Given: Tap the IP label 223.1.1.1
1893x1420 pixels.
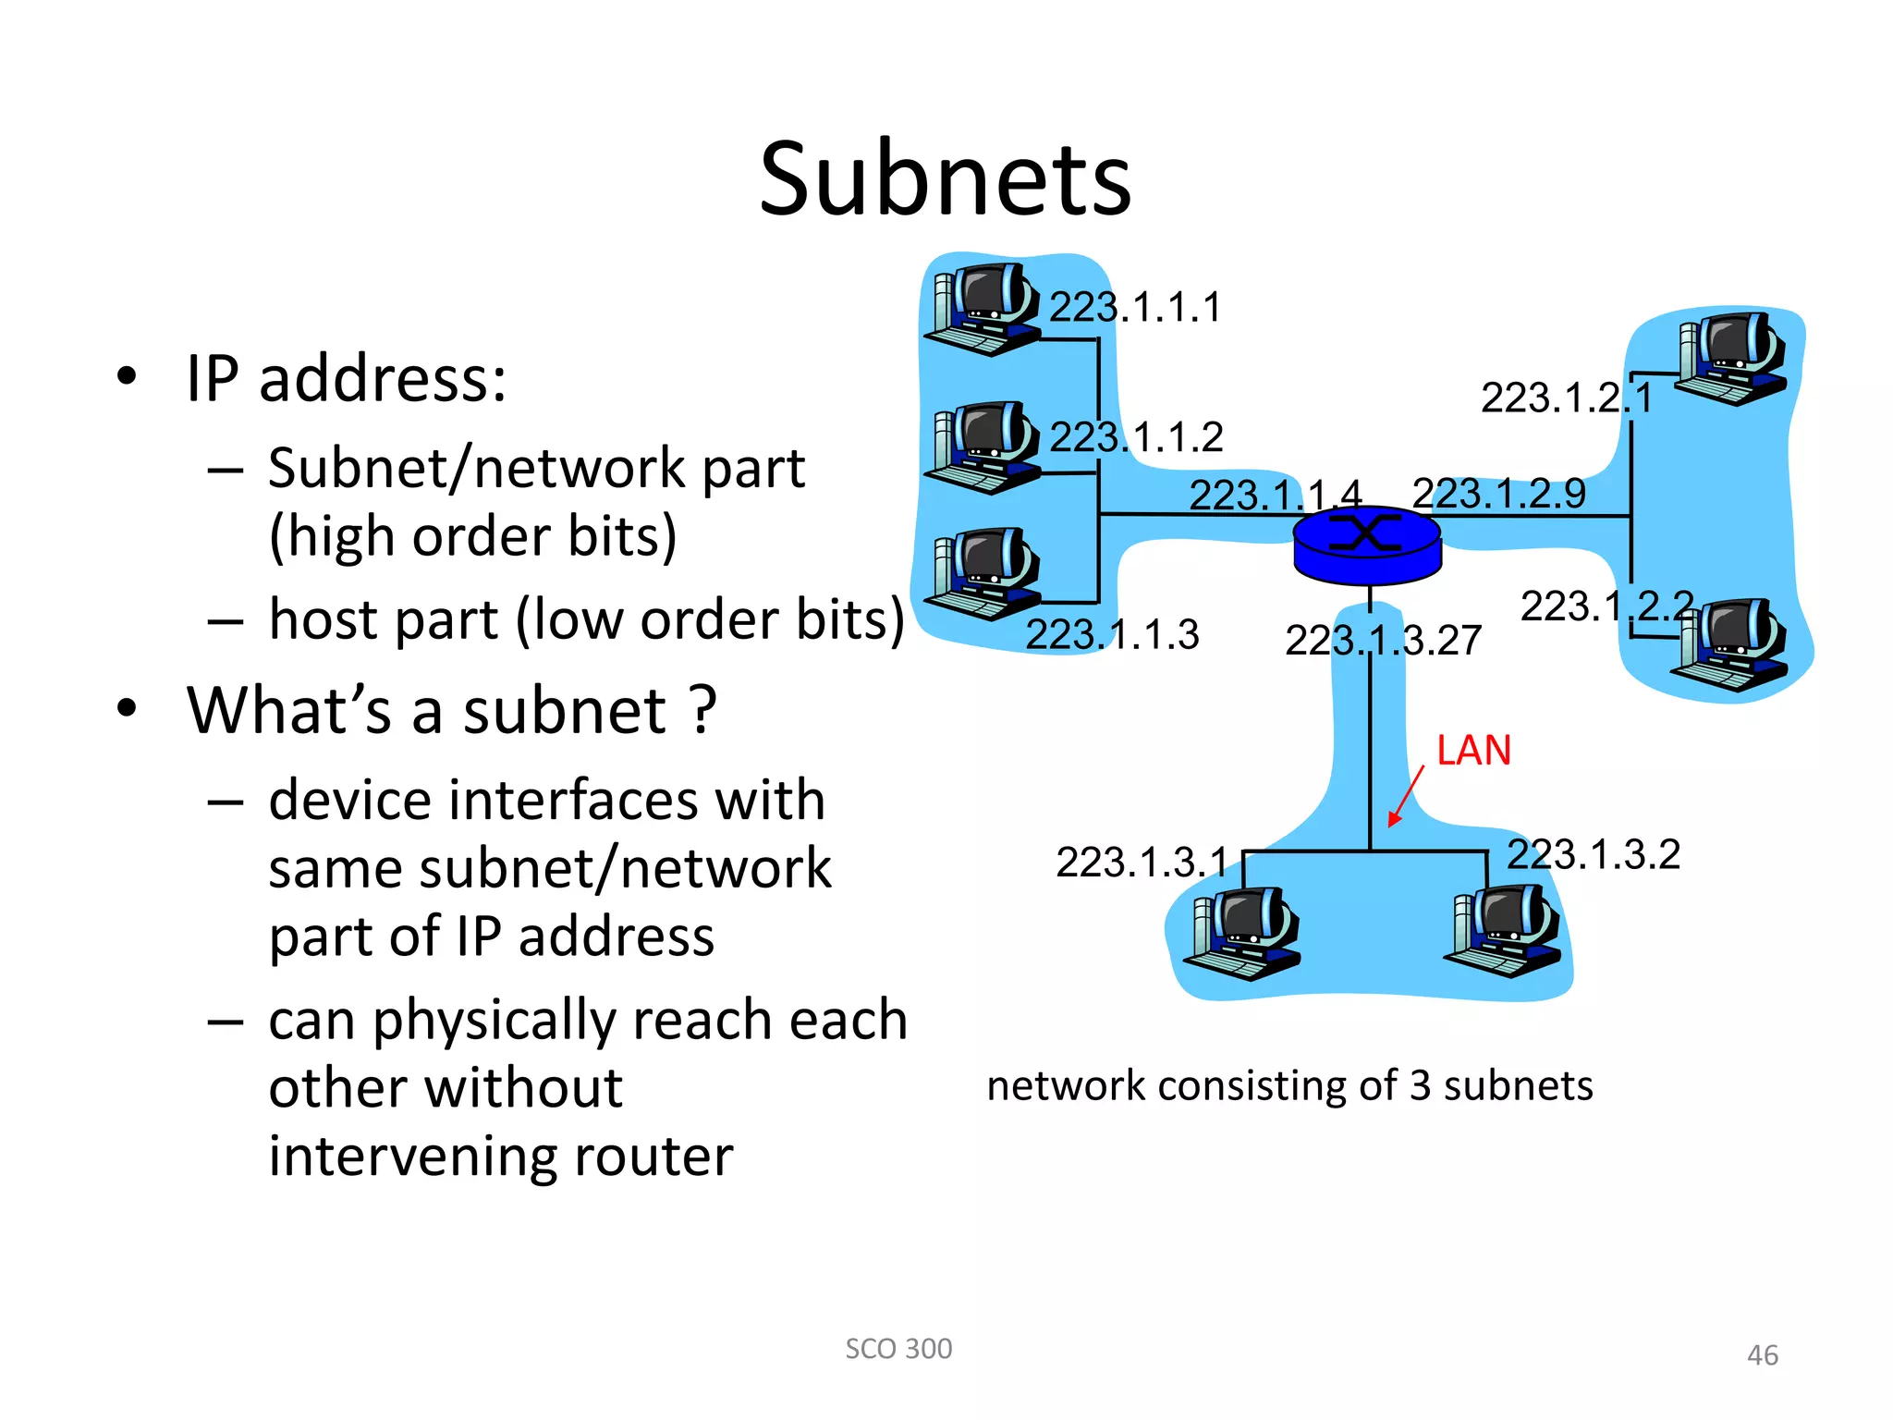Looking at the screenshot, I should pyautogui.click(x=1135, y=307).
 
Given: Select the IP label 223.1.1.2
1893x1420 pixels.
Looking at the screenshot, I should pyautogui.click(x=1136, y=436).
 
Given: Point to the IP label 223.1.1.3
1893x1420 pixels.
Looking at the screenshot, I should pyautogui.click(x=1112, y=634).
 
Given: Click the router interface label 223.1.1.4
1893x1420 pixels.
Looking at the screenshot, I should pyautogui.click(x=1275, y=495).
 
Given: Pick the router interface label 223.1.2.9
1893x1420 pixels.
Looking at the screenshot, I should pyautogui.click(x=1498, y=493).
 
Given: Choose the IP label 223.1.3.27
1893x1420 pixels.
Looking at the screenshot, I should pyautogui.click(x=1383, y=640).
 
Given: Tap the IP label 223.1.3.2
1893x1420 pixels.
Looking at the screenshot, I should pyautogui.click(x=1594, y=853).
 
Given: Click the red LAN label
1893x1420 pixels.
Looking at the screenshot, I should pyautogui.click(x=1473, y=750).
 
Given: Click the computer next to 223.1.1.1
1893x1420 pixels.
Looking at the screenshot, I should pyautogui.click(x=983, y=310).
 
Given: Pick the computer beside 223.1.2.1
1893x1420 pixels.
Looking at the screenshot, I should pyautogui.click(x=1731, y=359).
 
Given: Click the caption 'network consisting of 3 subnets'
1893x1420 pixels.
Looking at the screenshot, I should pyautogui.click(x=1289, y=1085).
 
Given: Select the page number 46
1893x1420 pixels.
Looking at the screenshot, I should pyautogui.click(x=1762, y=1355).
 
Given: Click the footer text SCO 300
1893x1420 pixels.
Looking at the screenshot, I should pyautogui.click(x=898, y=1349).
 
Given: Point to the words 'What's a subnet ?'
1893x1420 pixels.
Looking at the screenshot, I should pyautogui.click(x=452, y=710).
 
